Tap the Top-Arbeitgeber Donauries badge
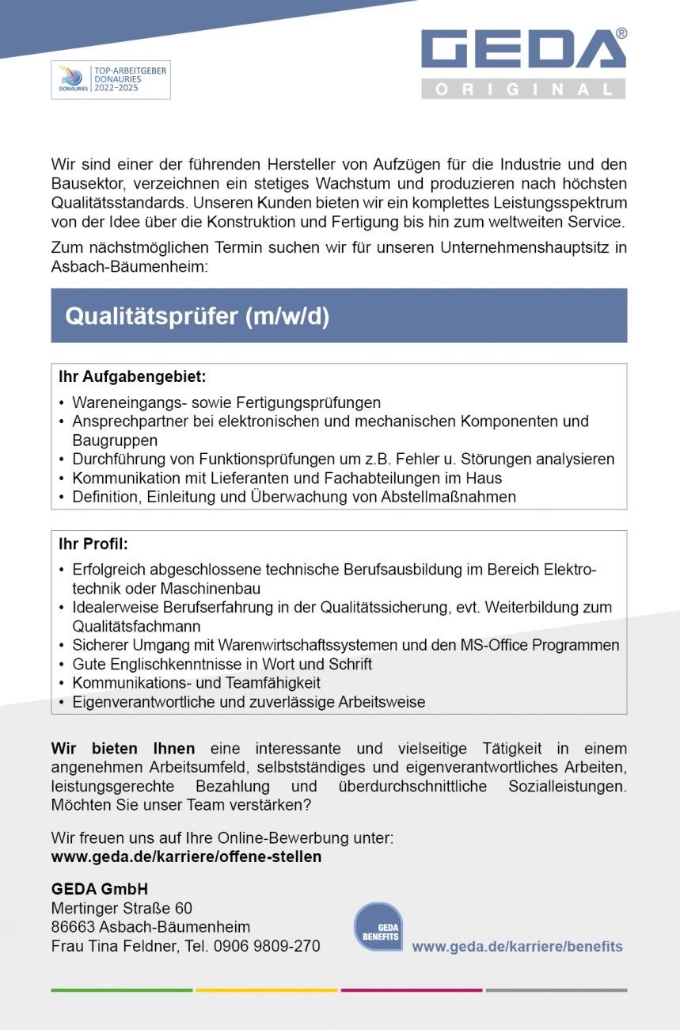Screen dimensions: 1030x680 tap(111, 80)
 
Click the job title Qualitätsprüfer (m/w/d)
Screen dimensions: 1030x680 tap(197, 316)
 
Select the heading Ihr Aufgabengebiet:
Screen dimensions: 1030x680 tap(132, 377)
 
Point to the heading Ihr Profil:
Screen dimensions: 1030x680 tap(93, 544)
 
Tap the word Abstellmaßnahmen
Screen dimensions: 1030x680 tap(449, 497)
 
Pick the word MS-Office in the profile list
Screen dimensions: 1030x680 tap(497, 645)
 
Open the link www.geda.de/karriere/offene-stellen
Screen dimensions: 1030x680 tap(186, 856)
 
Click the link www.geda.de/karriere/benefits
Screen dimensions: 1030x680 tap(517, 946)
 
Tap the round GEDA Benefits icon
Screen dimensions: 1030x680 tap(378, 927)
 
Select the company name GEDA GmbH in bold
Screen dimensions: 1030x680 tap(100, 889)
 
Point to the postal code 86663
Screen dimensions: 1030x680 tap(73, 927)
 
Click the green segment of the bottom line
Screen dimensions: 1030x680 tap(122, 990)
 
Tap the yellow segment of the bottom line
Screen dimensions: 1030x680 tap(267, 990)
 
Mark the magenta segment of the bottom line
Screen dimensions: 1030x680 tap(412, 990)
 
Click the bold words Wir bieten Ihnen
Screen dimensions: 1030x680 tap(123, 749)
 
